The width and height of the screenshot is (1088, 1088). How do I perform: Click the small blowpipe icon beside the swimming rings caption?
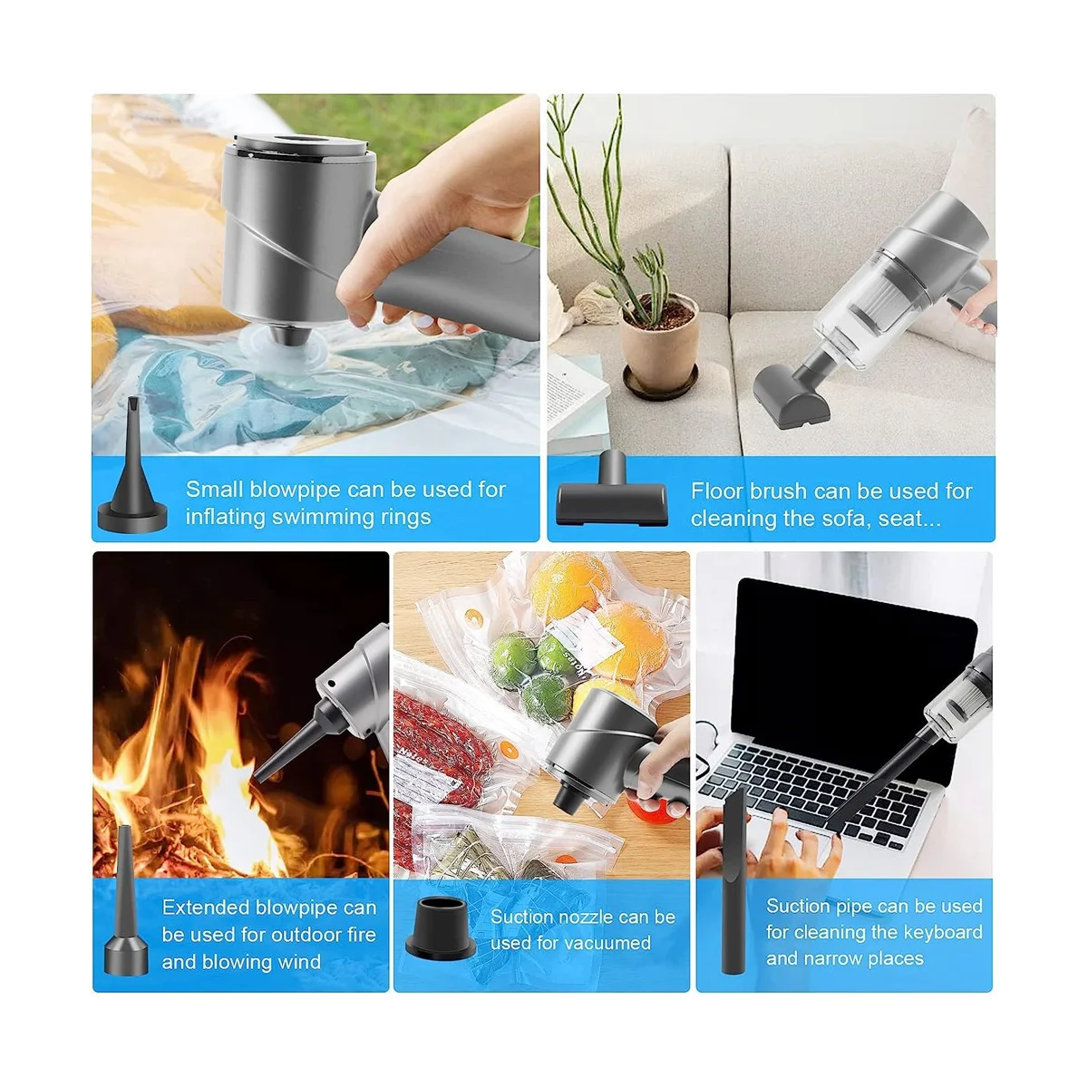(x=132, y=481)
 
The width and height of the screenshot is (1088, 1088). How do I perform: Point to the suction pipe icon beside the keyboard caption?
(x=735, y=879)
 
